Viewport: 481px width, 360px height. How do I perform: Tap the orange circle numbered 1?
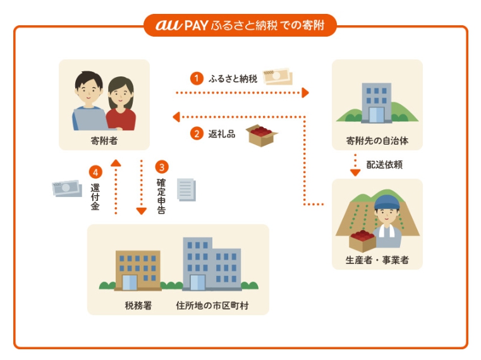(x=197, y=78)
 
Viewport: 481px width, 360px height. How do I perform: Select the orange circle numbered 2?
(x=197, y=133)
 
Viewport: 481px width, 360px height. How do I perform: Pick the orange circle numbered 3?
(x=162, y=167)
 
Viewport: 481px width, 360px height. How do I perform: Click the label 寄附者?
(x=104, y=141)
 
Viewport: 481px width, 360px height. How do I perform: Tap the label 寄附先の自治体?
(x=377, y=141)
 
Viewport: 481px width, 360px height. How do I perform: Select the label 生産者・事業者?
(x=377, y=260)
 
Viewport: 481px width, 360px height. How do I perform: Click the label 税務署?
(x=138, y=306)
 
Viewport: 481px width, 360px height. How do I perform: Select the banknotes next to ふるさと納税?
(x=277, y=76)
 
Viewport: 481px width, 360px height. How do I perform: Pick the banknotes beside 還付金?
(x=67, y=188)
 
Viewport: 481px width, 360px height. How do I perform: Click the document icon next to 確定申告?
(x=186, y=189)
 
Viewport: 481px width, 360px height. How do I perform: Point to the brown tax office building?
(x=137, y=269)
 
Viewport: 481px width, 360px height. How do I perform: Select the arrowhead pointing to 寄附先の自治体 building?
(x=305, y=93)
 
